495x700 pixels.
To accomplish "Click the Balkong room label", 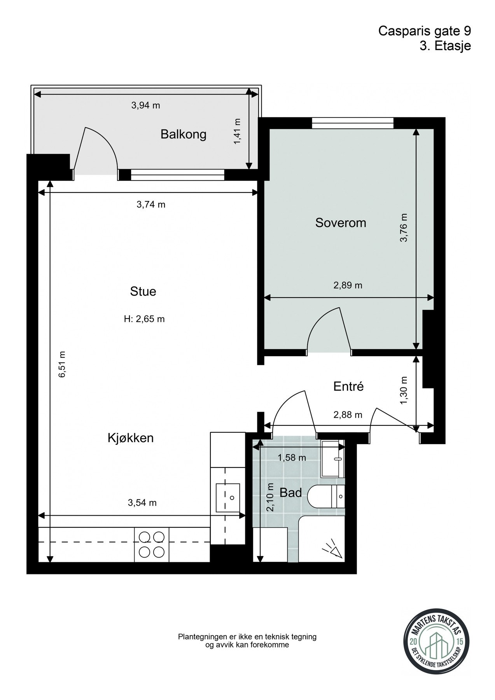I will (183, 135).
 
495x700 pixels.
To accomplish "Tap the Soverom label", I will (340, 223).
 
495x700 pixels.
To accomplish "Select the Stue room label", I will (143, 291).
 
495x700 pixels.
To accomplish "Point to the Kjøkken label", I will (131, 438).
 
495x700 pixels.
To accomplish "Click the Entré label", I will (348, 386).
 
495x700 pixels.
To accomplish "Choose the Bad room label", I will (290, 493).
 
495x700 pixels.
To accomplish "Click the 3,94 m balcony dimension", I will (145, 105).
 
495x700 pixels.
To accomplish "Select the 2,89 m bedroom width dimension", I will (348, 285).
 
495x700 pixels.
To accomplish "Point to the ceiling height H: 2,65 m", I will (144, 319).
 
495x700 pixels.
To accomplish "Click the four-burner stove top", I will (152, 544).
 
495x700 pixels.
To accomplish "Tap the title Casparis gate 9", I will (425, 31).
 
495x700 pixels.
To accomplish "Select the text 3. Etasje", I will (445, 46).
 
